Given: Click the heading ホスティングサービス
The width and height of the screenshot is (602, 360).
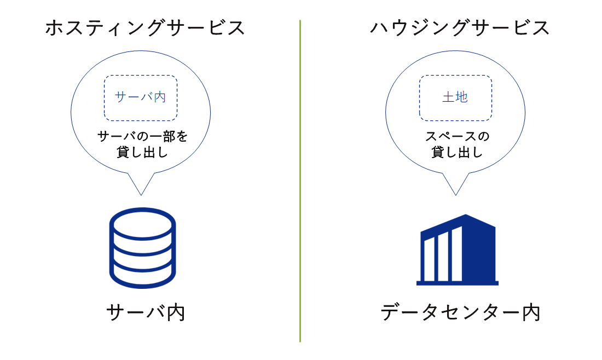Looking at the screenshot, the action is (145, 28).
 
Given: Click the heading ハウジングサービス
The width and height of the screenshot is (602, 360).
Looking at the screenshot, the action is (460, 28).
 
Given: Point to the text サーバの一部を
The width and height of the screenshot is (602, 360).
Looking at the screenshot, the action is (142, 136).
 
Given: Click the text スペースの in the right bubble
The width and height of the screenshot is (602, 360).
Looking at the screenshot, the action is (457, 136).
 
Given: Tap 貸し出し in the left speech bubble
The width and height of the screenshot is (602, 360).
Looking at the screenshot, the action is (142, 152).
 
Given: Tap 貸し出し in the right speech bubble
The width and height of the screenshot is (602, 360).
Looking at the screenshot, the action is (457, 152).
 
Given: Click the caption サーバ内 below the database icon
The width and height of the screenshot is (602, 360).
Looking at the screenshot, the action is (146, 312).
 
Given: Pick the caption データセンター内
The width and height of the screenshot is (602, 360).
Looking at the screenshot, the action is (460, 312).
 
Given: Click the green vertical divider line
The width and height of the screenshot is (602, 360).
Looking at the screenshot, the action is (300, 181).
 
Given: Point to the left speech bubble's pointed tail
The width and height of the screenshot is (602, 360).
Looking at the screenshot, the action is (141, 195).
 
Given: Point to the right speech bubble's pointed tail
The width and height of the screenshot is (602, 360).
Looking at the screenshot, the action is (456, 195).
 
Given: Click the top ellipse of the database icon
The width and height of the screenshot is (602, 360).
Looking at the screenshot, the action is (142, 211).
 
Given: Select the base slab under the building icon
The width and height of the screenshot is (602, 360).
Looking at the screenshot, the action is (458, 283).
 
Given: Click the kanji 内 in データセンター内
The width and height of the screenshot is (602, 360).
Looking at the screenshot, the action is (531, 312).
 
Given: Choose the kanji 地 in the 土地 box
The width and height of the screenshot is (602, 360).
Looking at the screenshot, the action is (461, 97).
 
